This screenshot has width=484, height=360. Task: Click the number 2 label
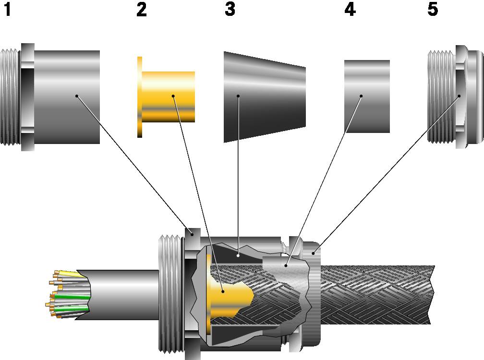(141, 10)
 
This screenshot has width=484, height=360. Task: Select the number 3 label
(230, 10)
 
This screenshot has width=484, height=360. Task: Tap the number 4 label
(350, 10)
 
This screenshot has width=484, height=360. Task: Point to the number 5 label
(433, 10)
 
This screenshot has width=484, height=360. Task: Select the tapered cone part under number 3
(264, 96)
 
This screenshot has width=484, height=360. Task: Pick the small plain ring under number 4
(367, 96)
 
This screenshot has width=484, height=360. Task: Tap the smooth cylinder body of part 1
(67, 96)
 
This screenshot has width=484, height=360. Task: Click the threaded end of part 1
(10, 96)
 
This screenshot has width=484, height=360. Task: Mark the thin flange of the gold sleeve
(140, 96)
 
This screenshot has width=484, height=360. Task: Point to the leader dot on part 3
(238, 96)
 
